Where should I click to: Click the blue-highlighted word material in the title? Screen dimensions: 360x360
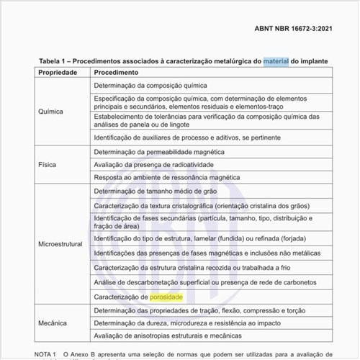coord(275,61)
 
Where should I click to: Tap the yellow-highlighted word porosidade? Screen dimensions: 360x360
coord(166,297)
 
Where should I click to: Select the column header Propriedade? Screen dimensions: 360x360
coord(63,73)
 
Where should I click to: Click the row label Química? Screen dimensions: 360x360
coord(51,112)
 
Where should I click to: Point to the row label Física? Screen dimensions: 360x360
coord(48,164)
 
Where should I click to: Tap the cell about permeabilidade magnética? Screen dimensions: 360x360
coord(159,152)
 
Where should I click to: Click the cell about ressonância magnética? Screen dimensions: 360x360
coord(166,176)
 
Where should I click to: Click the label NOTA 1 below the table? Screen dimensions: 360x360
coord(45,354)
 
